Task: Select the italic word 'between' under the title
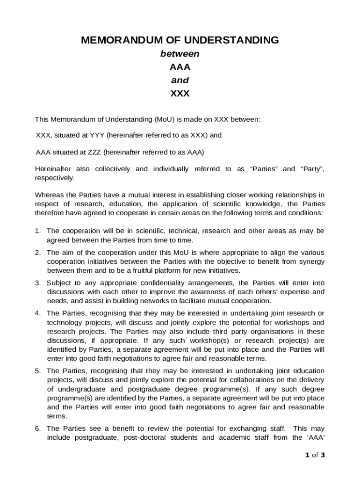point(180,54)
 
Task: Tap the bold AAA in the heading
point(180,67)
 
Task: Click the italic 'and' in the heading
point(180,80)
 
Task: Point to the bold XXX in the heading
point(180,93)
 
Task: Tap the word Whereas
point(49,195)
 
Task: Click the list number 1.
point(37,231)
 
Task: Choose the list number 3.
point(37,283)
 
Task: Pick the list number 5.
point(37,371)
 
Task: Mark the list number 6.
point(37,428)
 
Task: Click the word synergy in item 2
point(311,261)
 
